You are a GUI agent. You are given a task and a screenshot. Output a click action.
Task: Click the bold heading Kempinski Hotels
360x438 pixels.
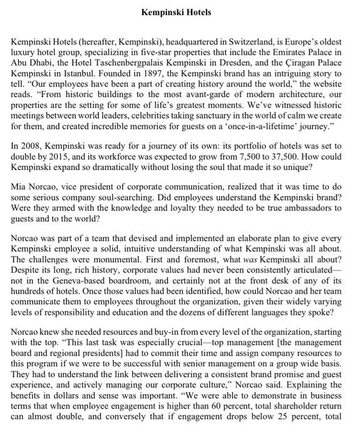coord(176,12)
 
